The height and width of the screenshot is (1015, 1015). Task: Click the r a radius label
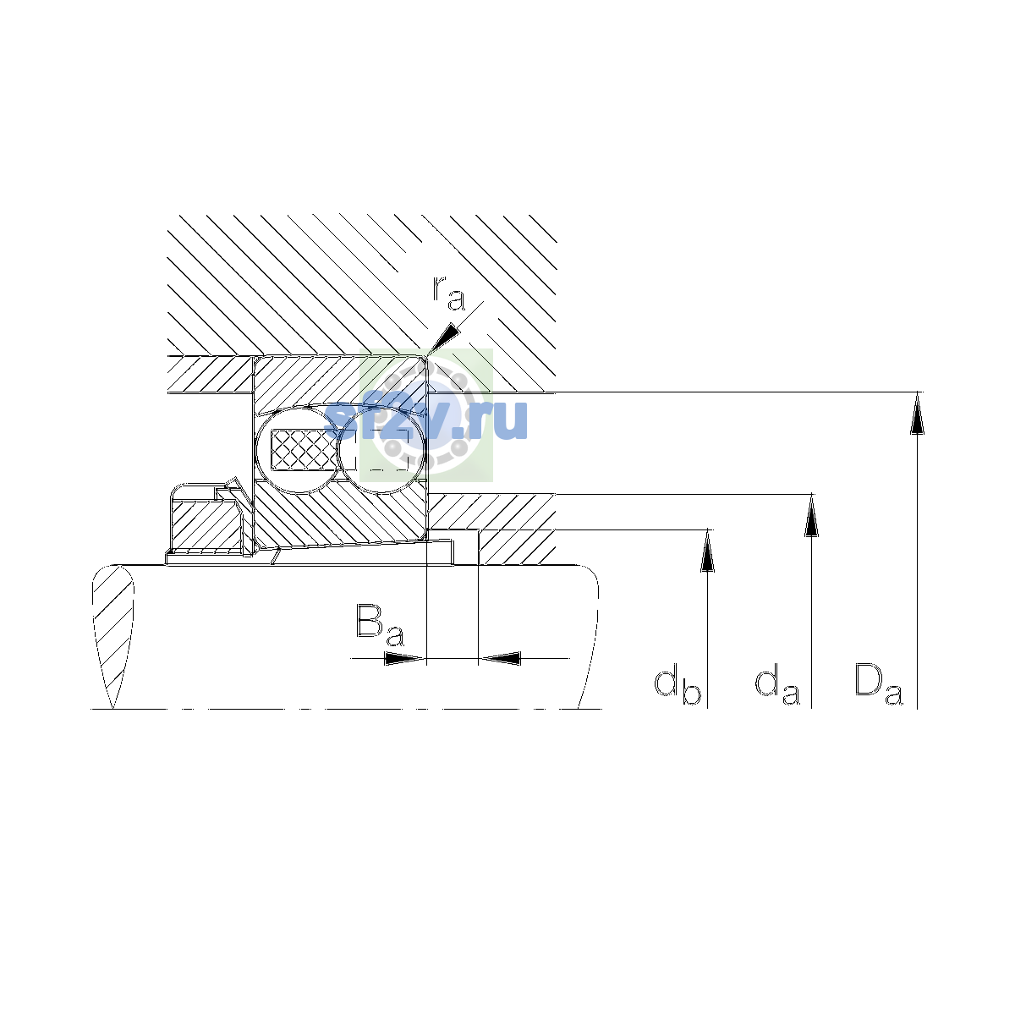click(449, 294)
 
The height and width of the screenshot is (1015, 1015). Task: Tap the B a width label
click(380, 625)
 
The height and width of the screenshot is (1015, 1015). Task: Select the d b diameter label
click(678, 684)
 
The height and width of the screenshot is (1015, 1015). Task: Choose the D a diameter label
click(878, 684)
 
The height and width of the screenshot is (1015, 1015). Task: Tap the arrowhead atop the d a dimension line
click(811, 515)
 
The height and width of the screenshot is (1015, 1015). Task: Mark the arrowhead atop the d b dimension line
click(707, 550)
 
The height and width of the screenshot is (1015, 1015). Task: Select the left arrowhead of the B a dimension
click(404, 658)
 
